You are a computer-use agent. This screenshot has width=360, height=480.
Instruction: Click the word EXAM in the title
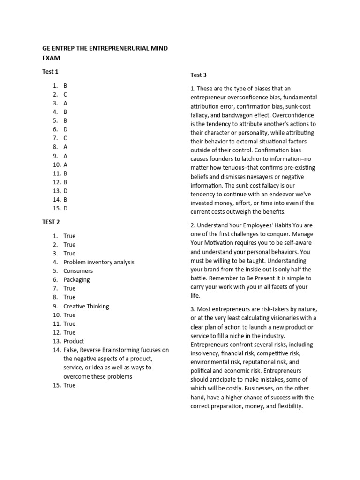51,58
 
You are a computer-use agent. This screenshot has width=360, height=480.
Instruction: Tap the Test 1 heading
50,72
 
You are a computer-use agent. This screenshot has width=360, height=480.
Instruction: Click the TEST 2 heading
51,222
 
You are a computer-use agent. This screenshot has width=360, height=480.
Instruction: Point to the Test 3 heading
198,75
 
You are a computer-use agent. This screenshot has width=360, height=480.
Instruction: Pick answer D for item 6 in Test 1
66,129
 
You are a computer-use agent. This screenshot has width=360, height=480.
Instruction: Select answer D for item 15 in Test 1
66,209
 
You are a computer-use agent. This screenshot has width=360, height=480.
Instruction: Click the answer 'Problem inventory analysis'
99,262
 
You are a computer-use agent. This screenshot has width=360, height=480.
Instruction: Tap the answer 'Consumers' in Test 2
78,271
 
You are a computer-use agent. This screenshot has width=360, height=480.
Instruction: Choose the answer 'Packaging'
76,280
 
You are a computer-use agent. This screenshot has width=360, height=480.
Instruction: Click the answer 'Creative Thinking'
86,306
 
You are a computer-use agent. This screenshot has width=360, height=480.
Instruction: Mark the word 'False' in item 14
72,350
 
